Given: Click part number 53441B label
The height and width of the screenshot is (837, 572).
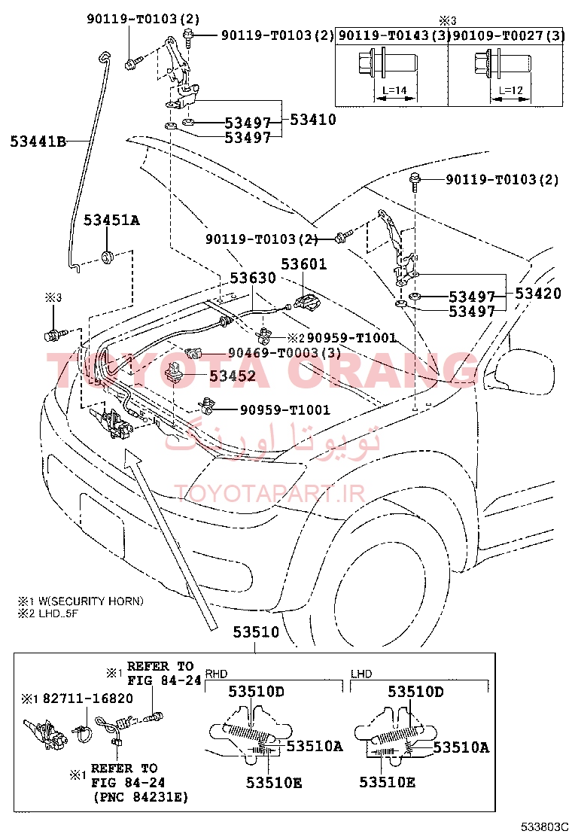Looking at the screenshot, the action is pyautogui.click(x=38, y=142).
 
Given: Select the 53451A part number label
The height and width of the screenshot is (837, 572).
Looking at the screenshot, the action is pyautogui.click(x=111, y=220).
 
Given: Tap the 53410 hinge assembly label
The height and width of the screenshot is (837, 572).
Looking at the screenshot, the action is pyautogui.click(x=312, y=119).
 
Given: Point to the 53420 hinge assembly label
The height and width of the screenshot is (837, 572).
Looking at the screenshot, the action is pyautogui.click(x=538, y=293).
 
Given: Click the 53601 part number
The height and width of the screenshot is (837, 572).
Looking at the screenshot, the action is pyautogui.click(x=303, y=263).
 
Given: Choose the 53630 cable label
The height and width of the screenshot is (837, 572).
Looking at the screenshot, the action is pyautogui.click(x=253, y=278).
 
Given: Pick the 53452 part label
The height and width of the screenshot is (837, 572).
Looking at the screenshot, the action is pyautogui.click(x=233, y=376).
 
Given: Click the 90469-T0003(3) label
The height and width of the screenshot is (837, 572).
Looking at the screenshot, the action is pyautogui.click(x=284, y=352).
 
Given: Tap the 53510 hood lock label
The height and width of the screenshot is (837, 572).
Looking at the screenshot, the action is pyautogui.click(x=256, y=632).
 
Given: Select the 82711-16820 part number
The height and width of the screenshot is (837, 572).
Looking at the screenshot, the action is pyautogui.click(x=88, y=699).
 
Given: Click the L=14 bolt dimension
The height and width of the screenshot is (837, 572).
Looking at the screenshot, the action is pyautogui.click(x=394, y=90).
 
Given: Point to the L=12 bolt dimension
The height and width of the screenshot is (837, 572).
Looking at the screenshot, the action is pyautogui.click(x=510, y=90).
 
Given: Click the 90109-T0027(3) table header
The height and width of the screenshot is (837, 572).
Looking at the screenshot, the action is pyautogui.click(x=509, y=35).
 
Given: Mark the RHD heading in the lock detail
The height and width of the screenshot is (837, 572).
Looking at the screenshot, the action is pyautogui.click(x=217, y=674).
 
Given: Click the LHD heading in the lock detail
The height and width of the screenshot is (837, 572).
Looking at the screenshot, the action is pyautogui.click(x=361, y=674).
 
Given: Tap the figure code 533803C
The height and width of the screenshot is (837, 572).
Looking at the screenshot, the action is pyautogui.click(x=543, y=827).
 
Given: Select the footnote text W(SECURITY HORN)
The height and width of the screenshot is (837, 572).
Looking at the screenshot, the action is pyautogui.click(x=91, y=601).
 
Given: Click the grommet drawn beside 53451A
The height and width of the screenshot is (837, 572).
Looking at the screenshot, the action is pyautogui.click(x=109, y=257).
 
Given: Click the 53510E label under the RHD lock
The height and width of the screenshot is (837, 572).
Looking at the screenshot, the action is pyautogui.click(x=274, y=783).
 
